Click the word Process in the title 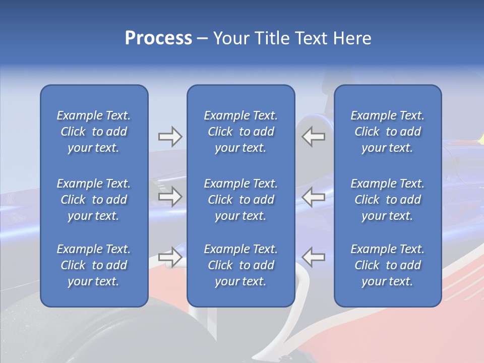pos(158,38)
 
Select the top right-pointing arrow pos(170,137)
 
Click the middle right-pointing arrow pos(170,197)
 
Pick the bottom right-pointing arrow pos(170,257)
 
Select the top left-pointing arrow pos(314,137)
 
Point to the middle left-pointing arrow pos(314,197)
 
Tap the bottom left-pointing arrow pos(314,257)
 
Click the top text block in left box pos(94,132)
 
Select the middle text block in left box pos(94,200)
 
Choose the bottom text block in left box pos(94,265)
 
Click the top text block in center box pos(240,132)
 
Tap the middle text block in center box pos(240,200)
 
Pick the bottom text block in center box pos(240,265)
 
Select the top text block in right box pos(387,132)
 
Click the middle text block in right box pos(387,200)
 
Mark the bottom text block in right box pos(387,265)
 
